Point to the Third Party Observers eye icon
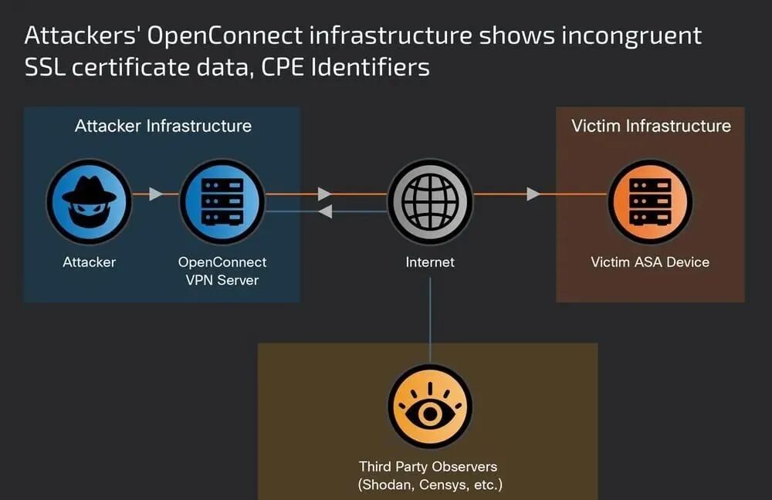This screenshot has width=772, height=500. [x=430, y=407]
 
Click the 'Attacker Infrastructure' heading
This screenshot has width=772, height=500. [x=163, y=126]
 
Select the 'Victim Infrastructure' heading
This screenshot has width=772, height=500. [x=651, y=126]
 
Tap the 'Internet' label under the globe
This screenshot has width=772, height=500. [x=430, y=262]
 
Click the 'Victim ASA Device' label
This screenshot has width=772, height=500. [x=650, y=262]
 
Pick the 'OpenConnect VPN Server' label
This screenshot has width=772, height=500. [x=222, y=270]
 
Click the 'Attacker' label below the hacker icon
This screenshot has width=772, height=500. [x=89, y=262]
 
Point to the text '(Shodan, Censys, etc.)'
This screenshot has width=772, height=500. [x=430, y=485]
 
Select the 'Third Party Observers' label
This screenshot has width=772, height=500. [x=428, y=467]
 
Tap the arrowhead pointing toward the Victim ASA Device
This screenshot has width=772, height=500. [x=533, y=194]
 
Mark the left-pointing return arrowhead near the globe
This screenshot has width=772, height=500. [x=325, y=211]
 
